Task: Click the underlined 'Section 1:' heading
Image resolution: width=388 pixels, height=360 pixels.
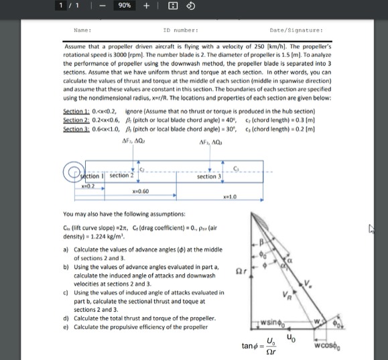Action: click(78, 111)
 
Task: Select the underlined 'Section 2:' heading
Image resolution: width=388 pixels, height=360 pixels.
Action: click(78, 118)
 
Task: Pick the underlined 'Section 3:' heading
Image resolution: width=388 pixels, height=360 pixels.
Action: click(78, 125)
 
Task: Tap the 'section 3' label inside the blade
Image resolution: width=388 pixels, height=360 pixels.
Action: click(210, 176)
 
